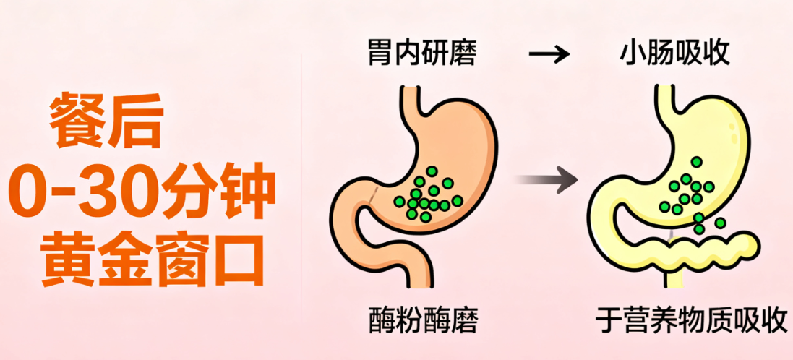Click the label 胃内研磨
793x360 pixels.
tap(422, 54)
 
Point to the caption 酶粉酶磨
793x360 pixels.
tap(422, 320)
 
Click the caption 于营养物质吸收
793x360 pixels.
tap(690, 320)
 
